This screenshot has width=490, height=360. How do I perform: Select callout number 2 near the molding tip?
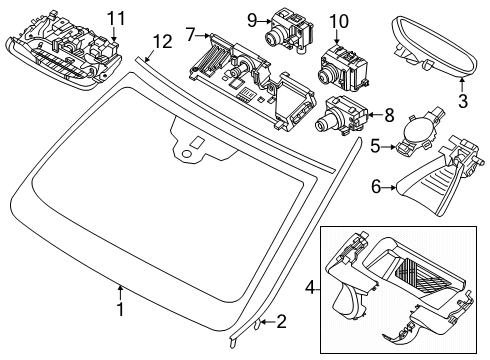282,323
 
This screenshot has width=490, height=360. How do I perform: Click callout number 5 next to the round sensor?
375,146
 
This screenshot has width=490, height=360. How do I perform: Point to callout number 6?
375,184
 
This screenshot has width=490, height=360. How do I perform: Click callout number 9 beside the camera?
253,19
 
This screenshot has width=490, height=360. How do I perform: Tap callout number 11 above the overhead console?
117,17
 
